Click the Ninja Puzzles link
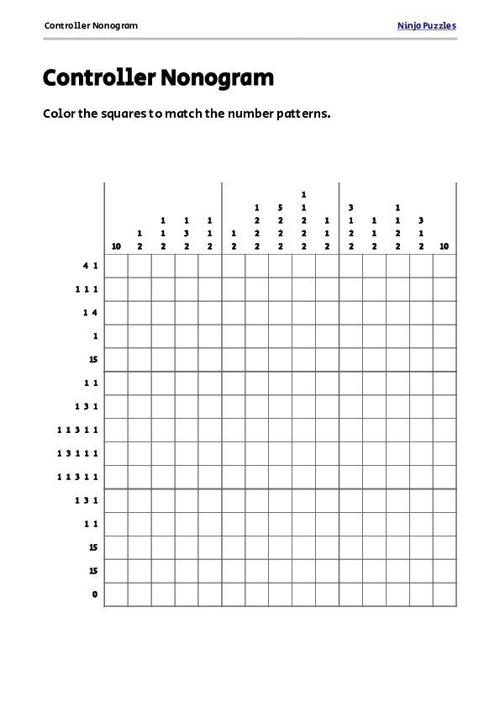426,25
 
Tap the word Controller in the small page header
66,25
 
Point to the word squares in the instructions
124,114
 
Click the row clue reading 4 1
91,266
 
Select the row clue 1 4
91,313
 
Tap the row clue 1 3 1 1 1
77,453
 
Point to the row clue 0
95,594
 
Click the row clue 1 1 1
87,289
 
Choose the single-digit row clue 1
95,336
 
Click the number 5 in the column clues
280,207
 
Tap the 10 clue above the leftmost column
116,246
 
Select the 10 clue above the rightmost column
445,246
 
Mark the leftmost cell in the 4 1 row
116,266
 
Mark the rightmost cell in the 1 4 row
445,313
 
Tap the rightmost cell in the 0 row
445,594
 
